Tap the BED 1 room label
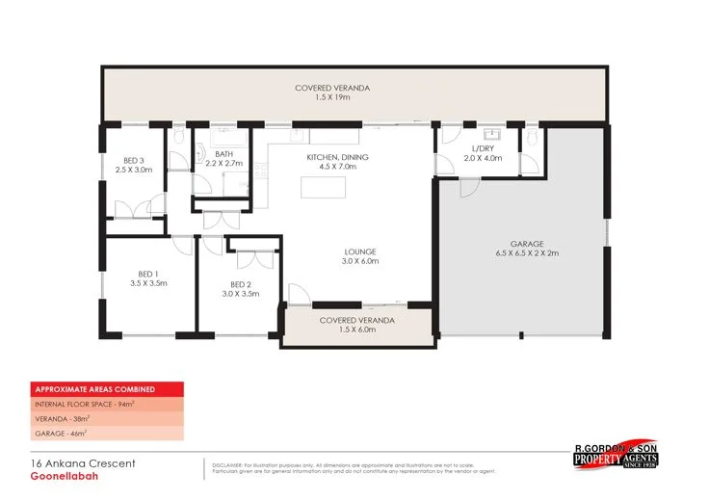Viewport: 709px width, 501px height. point(148,275)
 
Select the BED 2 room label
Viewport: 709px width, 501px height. point(241,283)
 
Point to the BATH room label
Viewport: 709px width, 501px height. point(224,153)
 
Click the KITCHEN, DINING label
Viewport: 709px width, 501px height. point(337,157)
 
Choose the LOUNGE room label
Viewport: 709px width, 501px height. point(359,251)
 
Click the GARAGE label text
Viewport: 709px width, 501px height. point(527,244)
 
